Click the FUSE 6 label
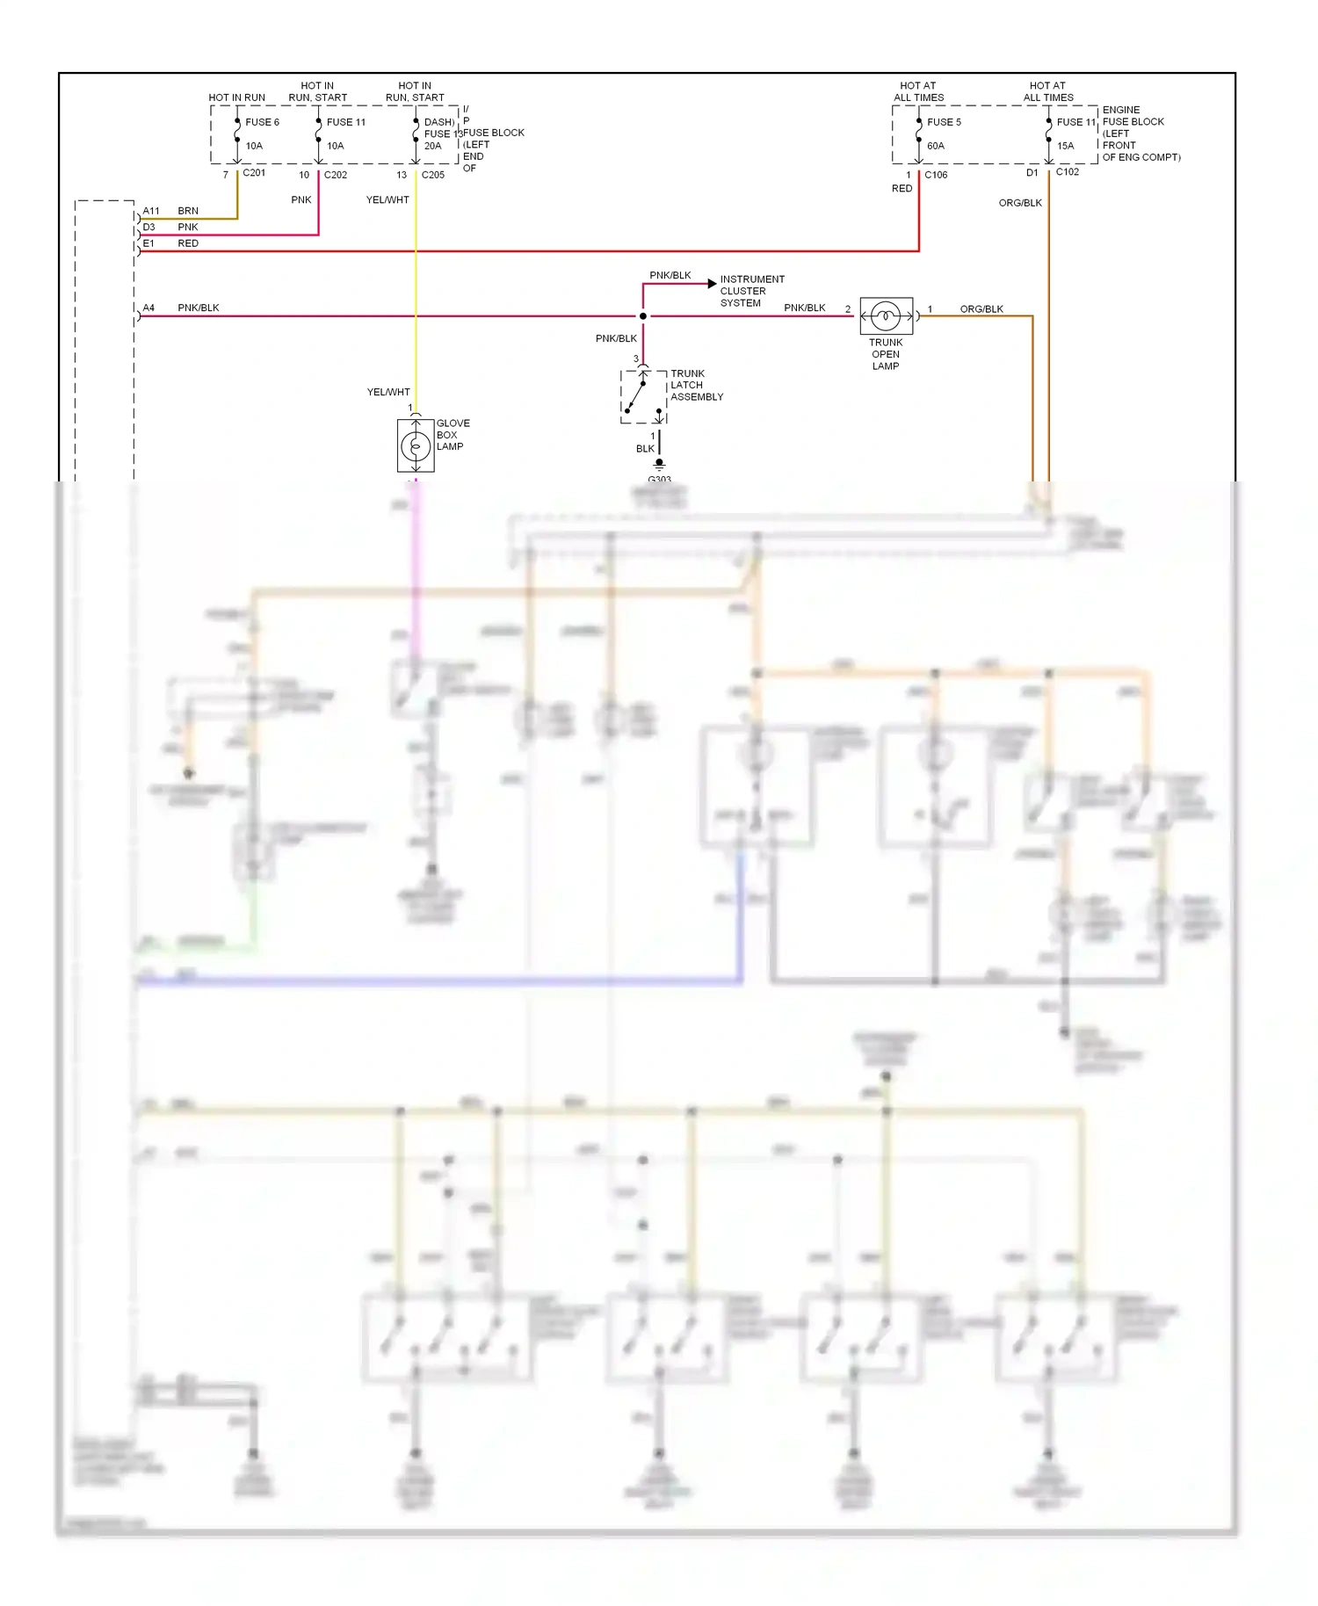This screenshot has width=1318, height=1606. coord(262,122)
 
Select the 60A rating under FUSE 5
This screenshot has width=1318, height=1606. coord(936,146)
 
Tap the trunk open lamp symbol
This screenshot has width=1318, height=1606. coord(886,315)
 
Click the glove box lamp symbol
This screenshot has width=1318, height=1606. coord(416,446)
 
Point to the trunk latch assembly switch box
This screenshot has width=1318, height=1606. coord(643,397)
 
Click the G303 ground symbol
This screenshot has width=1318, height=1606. coord(659,465)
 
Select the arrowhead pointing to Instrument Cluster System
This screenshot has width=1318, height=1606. coord(712,284)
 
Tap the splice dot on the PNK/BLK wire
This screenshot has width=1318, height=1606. coord(643,316)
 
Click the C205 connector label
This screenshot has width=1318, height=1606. coord(433,175)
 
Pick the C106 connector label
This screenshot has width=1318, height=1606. coord(936,175)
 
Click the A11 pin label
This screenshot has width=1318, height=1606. coord(151,211)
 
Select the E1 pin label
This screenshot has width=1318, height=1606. coord(148,243)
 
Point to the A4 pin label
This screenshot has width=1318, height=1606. coord(148,307)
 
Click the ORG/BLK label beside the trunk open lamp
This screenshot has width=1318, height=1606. coord(981,309)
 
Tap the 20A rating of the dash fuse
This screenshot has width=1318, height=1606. coord(433,146)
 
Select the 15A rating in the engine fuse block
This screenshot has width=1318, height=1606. coord(1066,146)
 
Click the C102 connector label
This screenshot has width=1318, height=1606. coord(1068,172)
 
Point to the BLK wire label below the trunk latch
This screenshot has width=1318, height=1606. coord(645,449)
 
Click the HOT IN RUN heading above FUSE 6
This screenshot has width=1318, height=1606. coord(236,98)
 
